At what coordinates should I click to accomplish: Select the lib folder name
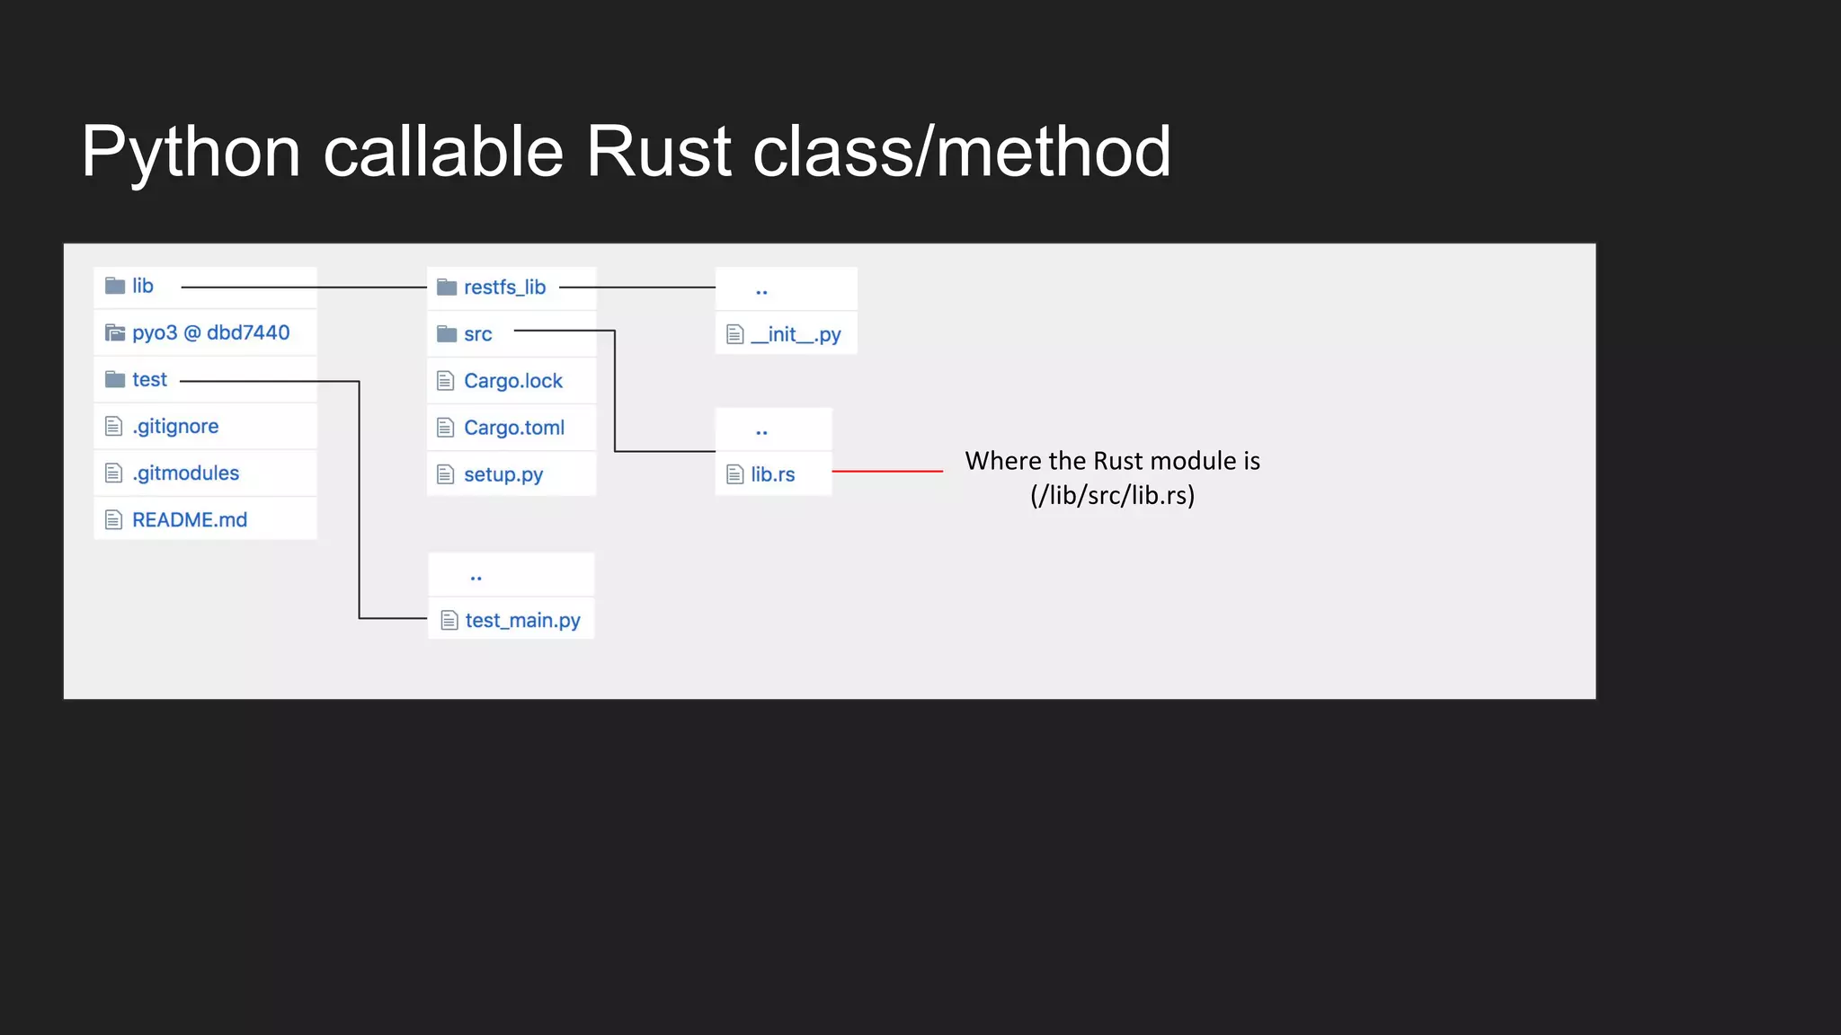[x=143, y=286]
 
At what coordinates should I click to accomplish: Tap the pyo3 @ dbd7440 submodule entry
[x=210, y=332]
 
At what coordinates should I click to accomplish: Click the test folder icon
[x=115, y=379]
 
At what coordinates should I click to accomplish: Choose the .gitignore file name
[x=175, y=426]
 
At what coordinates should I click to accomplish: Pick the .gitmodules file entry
[x=185, y=473]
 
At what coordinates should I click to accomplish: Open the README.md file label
[x=190, y=519]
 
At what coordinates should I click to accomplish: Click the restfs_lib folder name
[x=504, y=287]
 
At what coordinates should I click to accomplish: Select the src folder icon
[x=447, y=334]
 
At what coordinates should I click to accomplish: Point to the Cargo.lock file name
[x=513, y=381]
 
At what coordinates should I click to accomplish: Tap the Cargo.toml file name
[x=514, y=428]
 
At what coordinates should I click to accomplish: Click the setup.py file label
[x=503, y=474]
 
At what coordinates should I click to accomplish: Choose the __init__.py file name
[x=796, y=334]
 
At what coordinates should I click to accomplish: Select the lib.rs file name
[x=773, y=474]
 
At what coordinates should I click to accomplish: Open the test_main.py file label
[x=522, y=620]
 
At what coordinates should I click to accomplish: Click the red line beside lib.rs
[x=887, y=471]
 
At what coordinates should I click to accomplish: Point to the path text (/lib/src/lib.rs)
[x=1113, y=495]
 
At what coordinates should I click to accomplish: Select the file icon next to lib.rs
[x=735, y=474]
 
